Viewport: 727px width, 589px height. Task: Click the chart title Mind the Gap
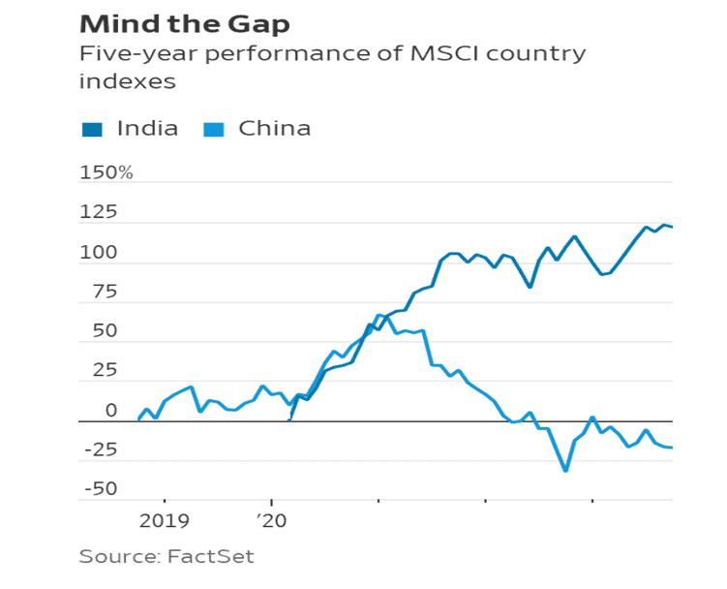click(x=184, y=23)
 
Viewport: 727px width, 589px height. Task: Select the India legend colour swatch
click(x=93, y=129)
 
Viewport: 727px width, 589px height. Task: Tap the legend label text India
click(x=147, y=129)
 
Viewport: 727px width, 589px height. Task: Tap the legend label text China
click(x=274, y=129)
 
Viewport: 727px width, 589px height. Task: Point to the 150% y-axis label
click(x=106, y=173)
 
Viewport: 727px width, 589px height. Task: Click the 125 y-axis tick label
click(x=99, y=213)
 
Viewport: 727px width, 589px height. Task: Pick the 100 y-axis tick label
click(x=99, y=253)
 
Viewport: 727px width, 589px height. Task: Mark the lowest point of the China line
click(x=565, y=471)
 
